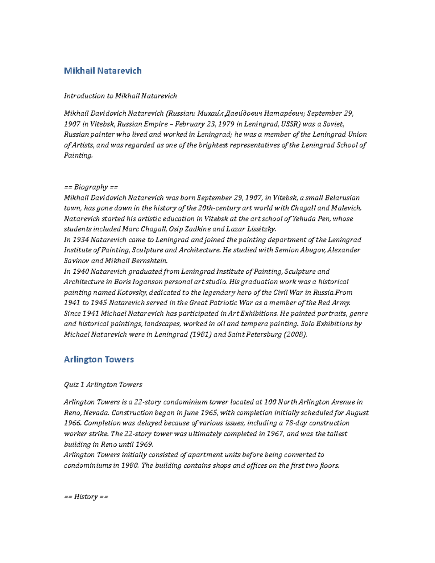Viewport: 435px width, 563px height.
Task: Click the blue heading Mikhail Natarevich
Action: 103,71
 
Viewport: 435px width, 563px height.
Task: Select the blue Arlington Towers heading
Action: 99,359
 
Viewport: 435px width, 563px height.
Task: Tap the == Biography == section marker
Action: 91,187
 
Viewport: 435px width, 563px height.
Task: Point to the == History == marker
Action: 86,497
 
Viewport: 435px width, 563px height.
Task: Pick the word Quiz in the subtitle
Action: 71,385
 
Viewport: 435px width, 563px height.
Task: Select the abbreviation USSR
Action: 290,124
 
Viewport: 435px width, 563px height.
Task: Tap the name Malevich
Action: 346,208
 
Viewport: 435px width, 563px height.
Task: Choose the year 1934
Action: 81,240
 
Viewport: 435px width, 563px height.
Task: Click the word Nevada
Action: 96,413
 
